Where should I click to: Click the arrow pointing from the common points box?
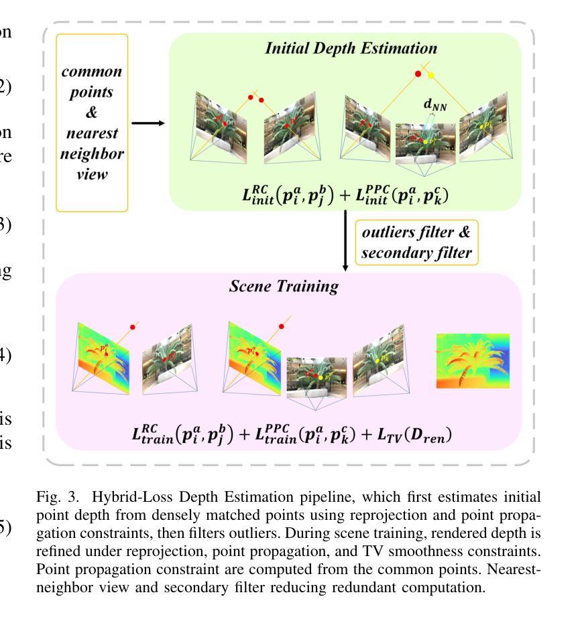[148, 123]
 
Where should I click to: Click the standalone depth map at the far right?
[472, 361]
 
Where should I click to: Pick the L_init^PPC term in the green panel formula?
[391, 194]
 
